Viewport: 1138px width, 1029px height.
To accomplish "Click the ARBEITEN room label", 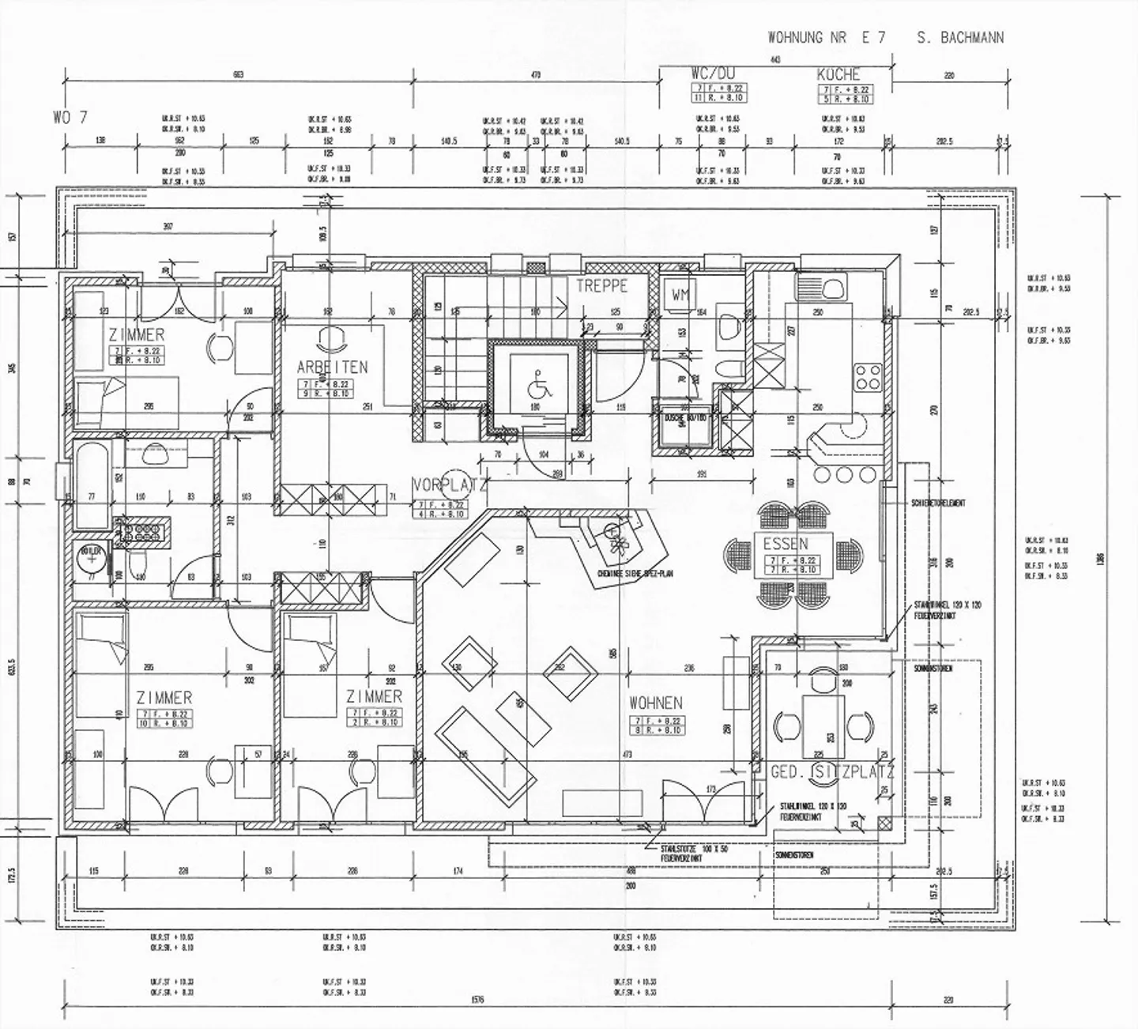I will [332, 367].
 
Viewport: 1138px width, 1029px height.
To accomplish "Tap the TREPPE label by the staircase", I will [601, 286].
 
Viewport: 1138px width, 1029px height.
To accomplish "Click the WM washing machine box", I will [681, 295].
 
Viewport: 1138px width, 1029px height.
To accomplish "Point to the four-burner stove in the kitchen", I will [868, 378].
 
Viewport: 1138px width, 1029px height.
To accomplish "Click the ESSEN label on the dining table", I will [786, 544].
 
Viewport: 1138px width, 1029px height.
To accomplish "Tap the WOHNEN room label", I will [656, 703].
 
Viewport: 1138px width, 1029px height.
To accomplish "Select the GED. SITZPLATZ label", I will [832, 772].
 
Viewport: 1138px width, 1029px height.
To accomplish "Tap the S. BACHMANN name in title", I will [960, 37].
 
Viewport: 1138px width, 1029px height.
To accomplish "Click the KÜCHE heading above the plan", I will [838, 74].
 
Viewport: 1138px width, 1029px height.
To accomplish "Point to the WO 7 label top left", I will [70, 117].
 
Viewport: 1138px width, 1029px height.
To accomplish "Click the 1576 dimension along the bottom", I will [477, 1000].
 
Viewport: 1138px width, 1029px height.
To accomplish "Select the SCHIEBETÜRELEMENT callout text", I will [938, 503].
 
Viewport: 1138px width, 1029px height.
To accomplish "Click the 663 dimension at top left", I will [238, 75].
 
